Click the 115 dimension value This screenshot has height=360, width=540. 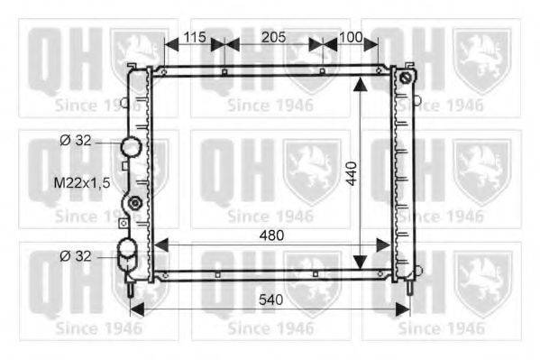click(195, 37)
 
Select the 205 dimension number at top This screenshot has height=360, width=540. click(274, 37)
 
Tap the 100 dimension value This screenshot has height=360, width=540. click(351, 37)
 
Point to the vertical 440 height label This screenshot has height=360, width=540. click(352, 173)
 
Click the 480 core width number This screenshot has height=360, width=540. click(271, 235)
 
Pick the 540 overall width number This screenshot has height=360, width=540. click(271, 300)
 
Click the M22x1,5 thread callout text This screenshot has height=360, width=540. click(82, 183)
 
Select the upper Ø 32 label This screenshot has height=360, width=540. click(76, 141)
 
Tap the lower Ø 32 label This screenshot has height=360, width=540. click(76, 256)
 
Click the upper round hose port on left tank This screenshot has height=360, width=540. click(132, 146)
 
